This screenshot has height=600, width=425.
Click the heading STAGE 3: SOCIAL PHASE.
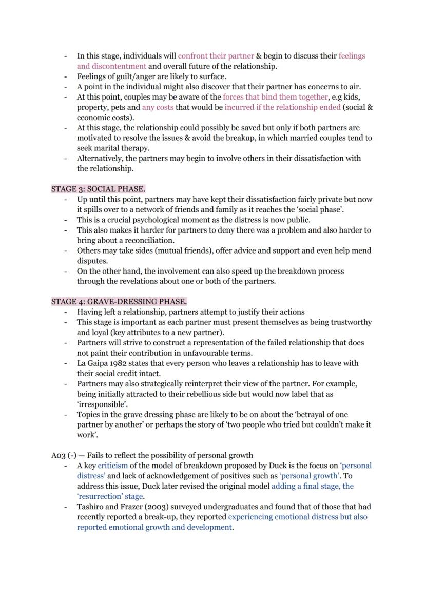[x=98, y=189]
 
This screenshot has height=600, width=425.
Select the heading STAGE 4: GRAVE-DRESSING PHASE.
[x=119, y=301]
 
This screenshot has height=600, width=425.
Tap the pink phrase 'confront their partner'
[x=216, y=55]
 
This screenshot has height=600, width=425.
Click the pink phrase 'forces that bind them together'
[x=275, y=96]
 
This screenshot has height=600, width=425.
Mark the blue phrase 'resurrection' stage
[x=110, y=496]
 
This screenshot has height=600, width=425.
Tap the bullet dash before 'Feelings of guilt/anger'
[x=65, y=76]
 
